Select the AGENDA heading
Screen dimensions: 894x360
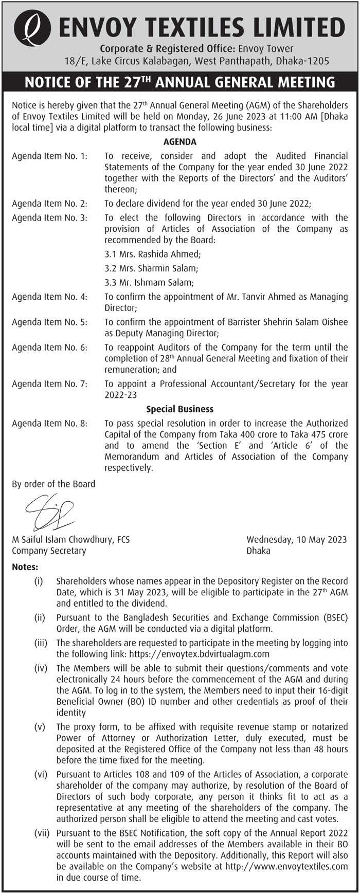coord(179,142)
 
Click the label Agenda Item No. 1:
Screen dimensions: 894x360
coord(49,156)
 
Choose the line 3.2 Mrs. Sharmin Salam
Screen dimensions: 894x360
coord(151,268)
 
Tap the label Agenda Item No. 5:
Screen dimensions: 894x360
coord(49,322)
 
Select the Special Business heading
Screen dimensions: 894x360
coord(179,409)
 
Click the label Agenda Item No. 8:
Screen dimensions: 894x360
coord(49,424)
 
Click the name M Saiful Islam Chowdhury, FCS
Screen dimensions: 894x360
coord(70,540)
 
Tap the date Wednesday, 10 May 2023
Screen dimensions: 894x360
coord(297,540)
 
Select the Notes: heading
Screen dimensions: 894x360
coord(25,568)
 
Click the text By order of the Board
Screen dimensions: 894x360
coord(53,484)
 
